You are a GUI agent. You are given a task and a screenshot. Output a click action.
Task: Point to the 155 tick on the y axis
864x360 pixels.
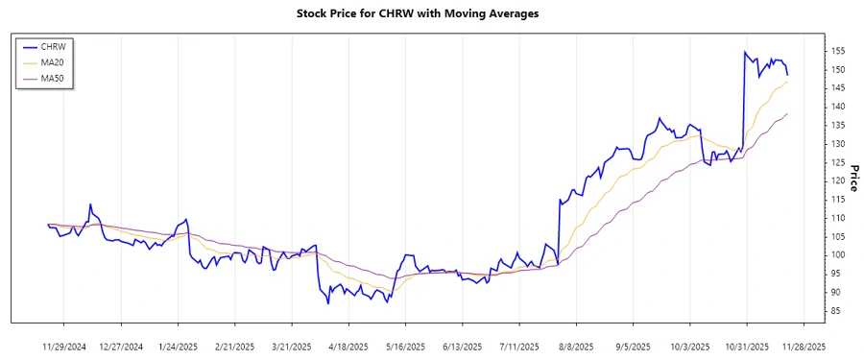[838, 51]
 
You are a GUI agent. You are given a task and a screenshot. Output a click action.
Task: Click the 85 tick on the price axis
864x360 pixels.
[835, 310]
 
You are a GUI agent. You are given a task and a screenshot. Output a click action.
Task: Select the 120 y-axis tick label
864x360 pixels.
[838, 180]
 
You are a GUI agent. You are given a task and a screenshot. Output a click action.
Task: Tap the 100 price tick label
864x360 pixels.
[838, 254]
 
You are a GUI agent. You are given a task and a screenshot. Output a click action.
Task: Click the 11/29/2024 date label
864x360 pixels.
[63, 346]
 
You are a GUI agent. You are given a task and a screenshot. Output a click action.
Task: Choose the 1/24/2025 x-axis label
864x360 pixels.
[178, 346]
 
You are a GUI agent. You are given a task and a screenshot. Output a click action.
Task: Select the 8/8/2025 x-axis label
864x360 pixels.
[574, 346]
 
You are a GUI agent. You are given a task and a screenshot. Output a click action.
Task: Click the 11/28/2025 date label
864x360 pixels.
[802, 346]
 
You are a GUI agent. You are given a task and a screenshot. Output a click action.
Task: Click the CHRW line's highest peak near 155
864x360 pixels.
[744, 52]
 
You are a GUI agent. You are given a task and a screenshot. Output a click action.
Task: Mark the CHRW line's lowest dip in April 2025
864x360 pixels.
[327, 303]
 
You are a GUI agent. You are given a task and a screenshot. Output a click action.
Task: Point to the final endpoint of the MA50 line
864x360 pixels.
[787, 113]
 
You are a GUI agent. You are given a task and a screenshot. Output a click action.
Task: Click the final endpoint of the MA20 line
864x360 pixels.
[787, 82]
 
